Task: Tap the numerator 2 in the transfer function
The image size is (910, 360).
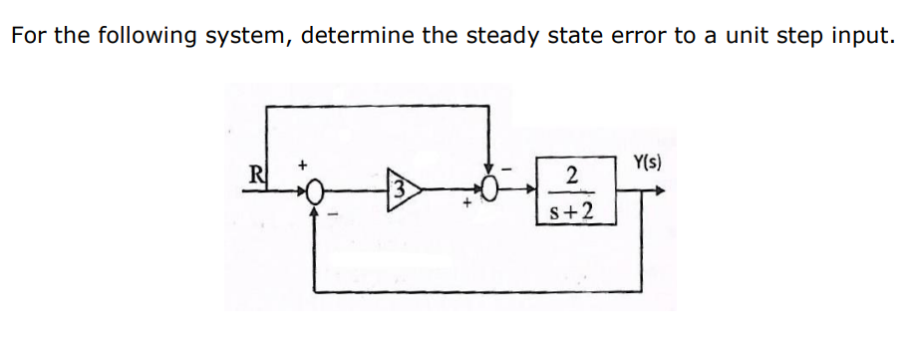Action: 572,175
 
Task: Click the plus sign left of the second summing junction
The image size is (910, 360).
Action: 465,204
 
